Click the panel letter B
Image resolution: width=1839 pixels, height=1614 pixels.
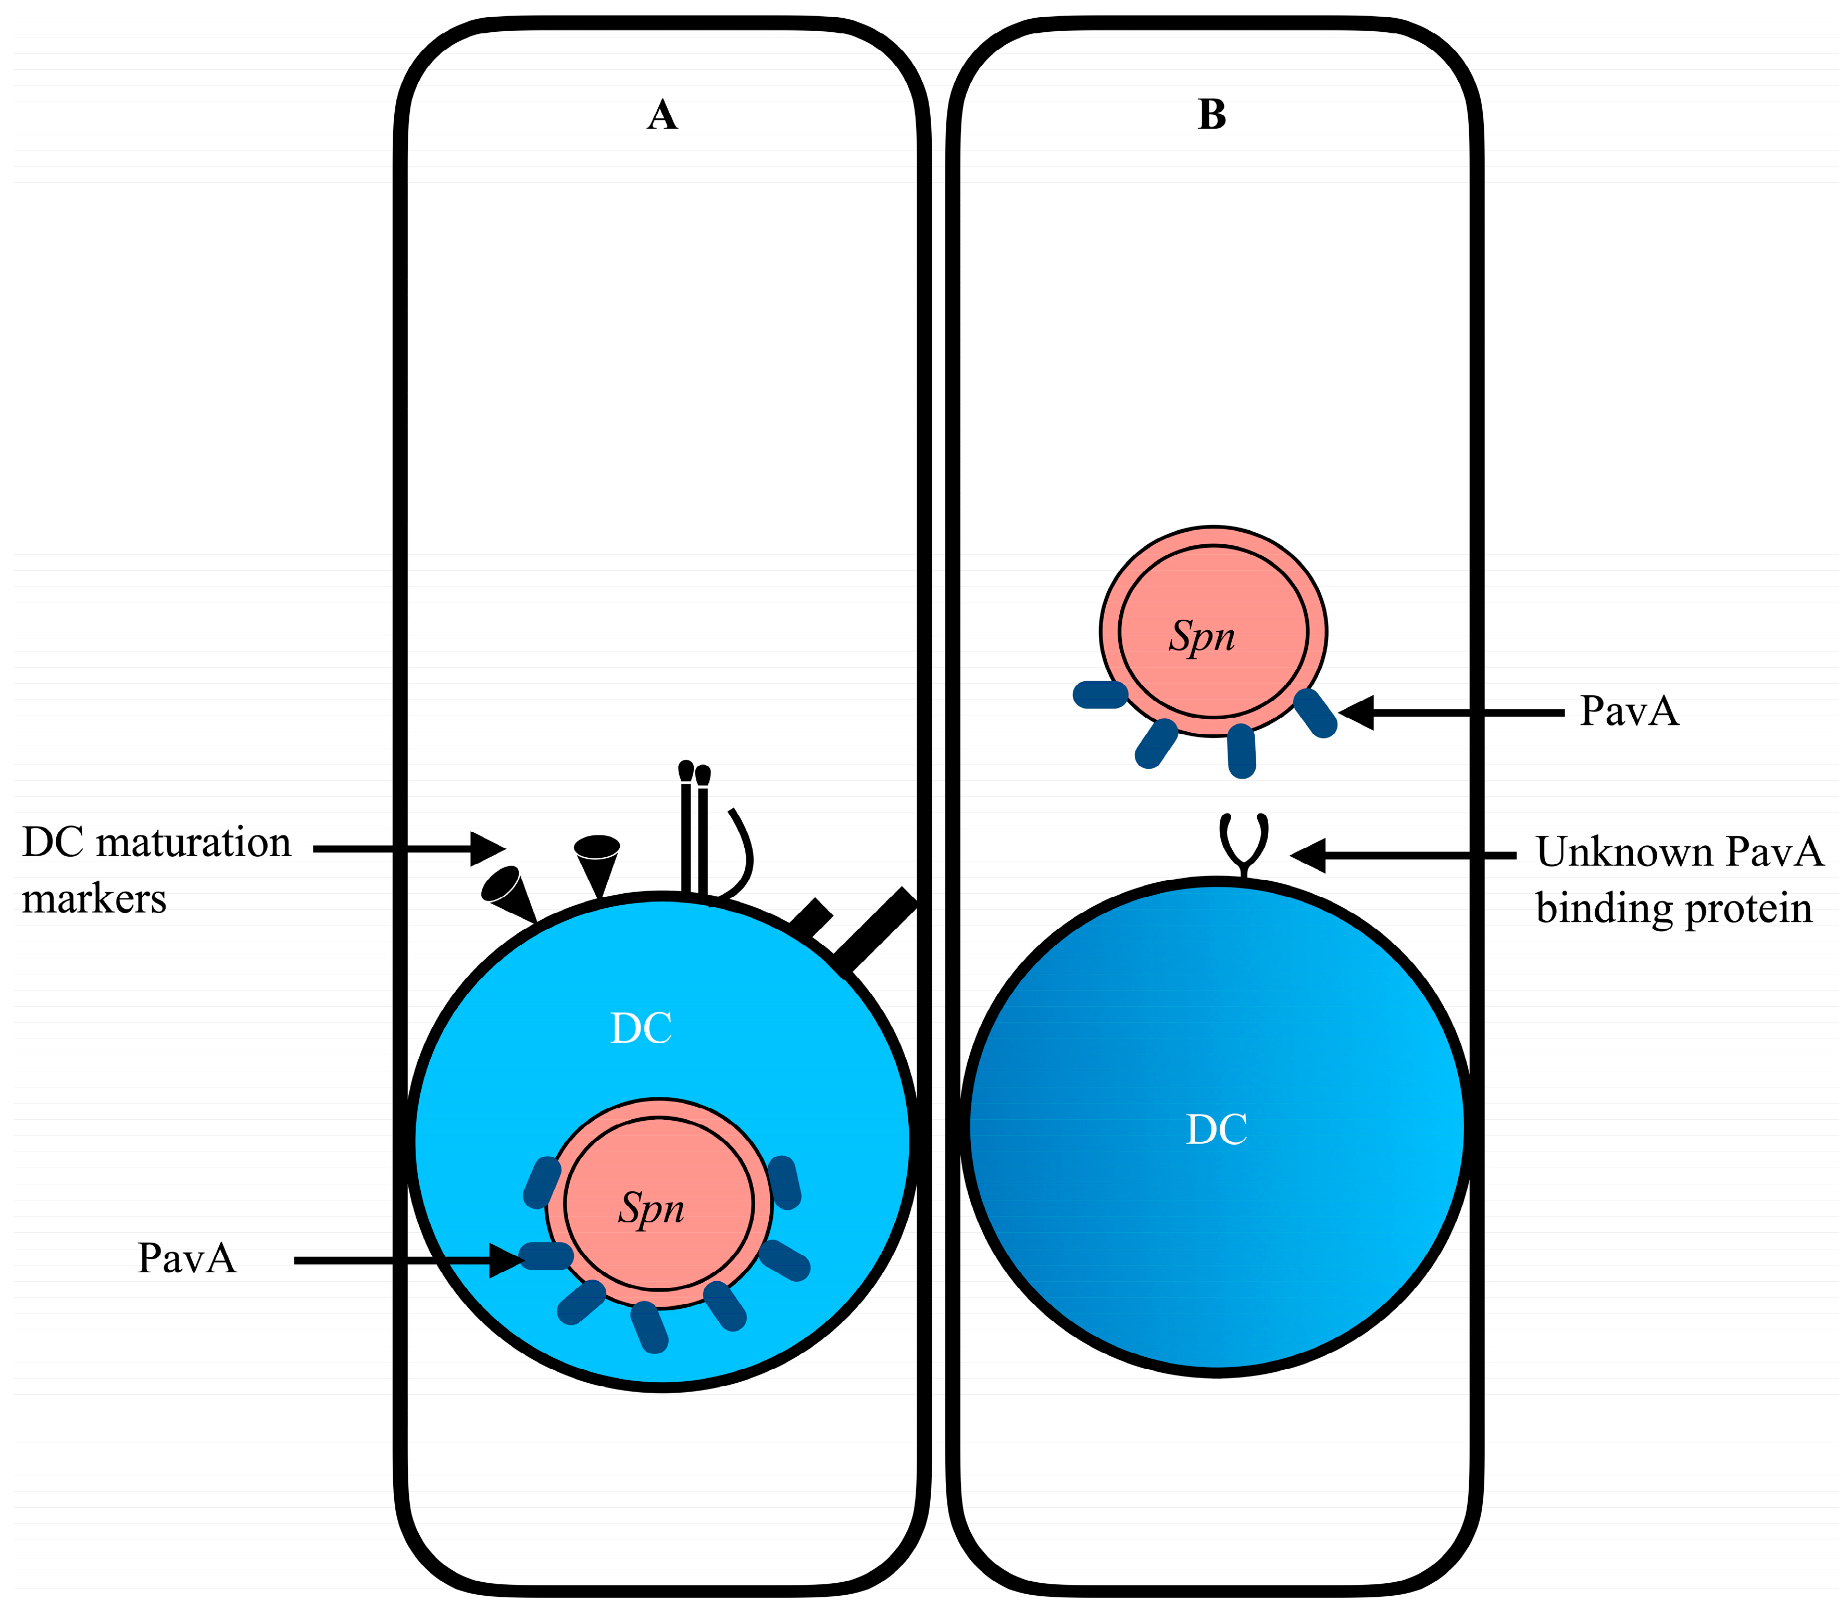tap(1212, 115)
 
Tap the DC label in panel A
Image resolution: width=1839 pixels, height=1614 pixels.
tap(641, 1028)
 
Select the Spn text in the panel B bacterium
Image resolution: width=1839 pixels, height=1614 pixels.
tap(1202, 636)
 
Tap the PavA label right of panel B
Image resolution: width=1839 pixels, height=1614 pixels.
tap(1629, 711)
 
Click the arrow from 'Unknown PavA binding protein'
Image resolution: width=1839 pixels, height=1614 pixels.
tap(1404, 856)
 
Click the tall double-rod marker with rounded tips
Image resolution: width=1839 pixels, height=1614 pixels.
tap(694, 828)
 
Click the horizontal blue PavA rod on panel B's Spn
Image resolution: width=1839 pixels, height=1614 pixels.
tap(1099, 695)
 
